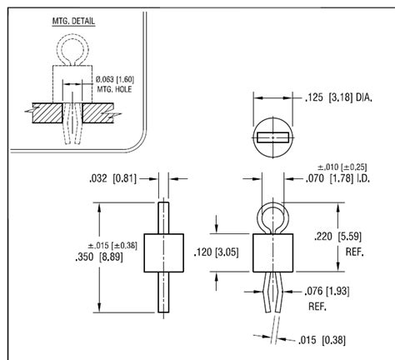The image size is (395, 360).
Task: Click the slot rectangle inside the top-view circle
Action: coord(273,135)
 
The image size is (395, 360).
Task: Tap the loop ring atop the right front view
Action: coord(272,218)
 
